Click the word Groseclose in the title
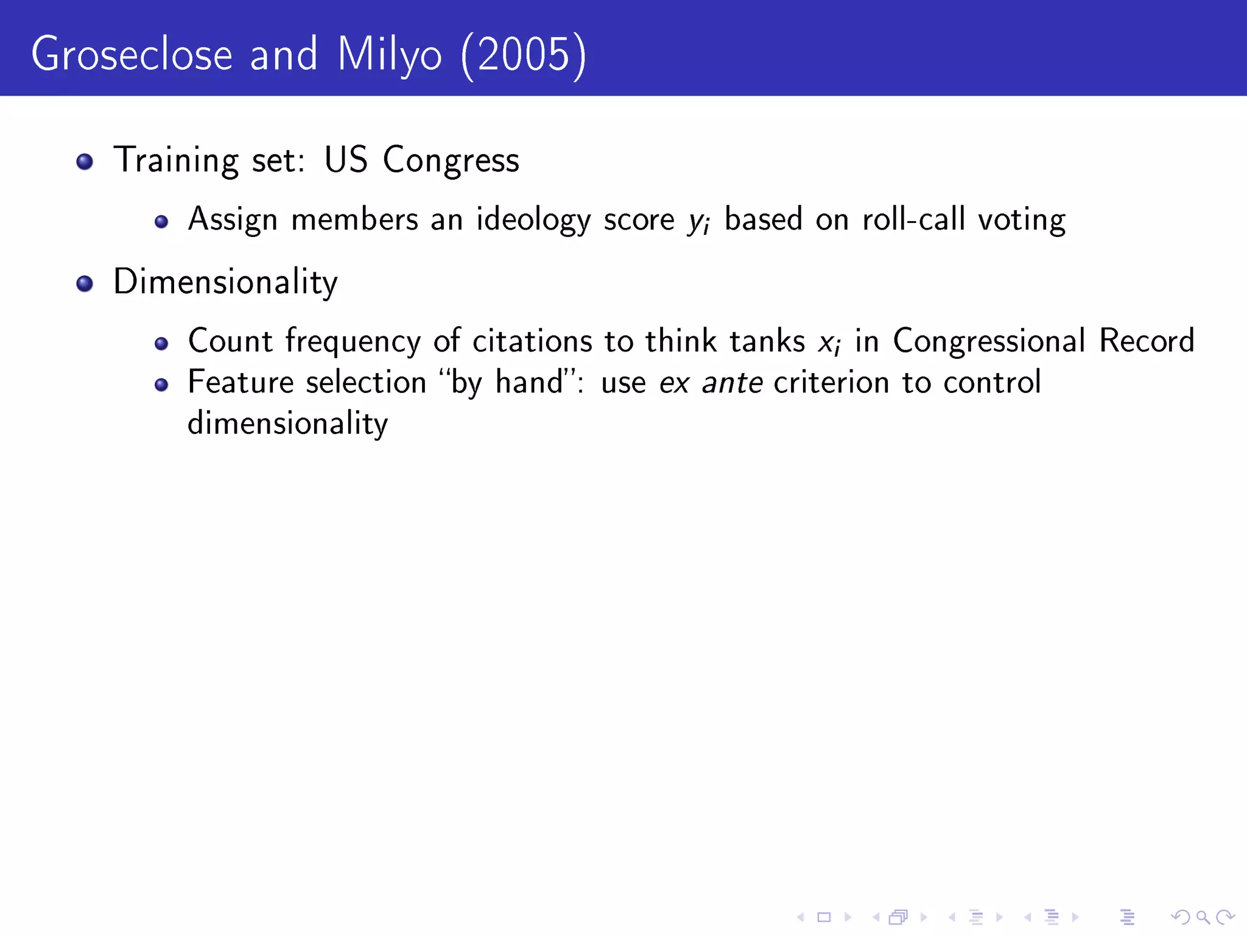tap(132, 55)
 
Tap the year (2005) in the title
tap(524, 55)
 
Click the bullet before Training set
tap(85, 161)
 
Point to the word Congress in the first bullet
tap(451, 160)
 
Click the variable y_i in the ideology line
tap(698, 221)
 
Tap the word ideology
tap(533, 219)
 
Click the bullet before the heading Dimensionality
tap(85, 283)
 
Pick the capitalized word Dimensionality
tap(225, 282)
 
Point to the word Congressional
tap(989, 341)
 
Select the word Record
tap(1147, 341)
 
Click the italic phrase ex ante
tap(711, 383)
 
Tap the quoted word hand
tap(529, 382)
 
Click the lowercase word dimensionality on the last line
tap(287, 424)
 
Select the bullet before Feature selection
tap(161, 385)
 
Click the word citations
tap(532, 341)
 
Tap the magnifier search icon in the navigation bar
tap(1203, 917)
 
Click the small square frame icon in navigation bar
tap(824, 917)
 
